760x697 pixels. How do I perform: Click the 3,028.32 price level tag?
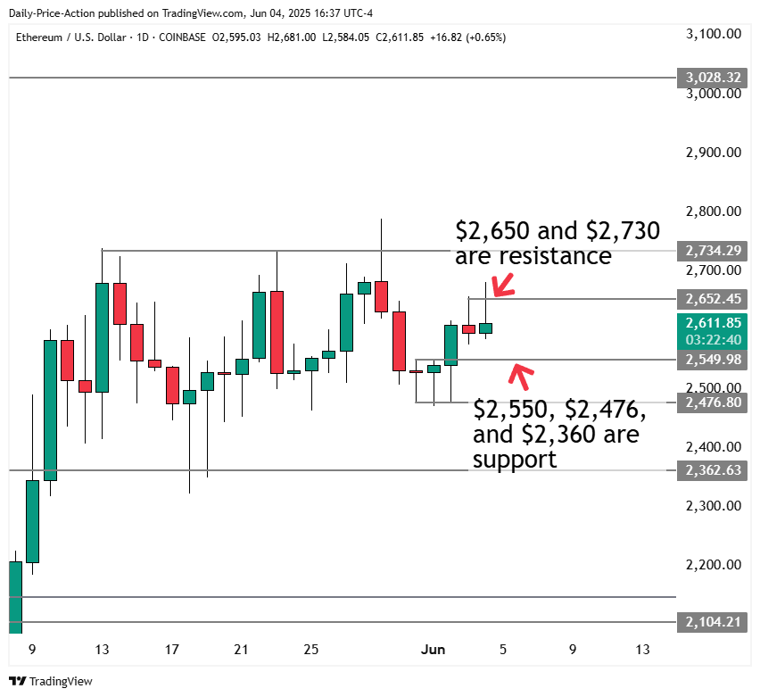pyautogui.click(x=711, y=78)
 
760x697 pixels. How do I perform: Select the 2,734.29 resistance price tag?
pyautogui.click(x=711, y=251)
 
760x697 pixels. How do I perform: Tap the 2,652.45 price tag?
pyautogui.click(x=711, y=298)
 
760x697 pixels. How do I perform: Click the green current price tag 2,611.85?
pyautogui.click(x=711, y=323)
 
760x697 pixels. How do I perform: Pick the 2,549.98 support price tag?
pyautogui.click(x=711, y=360)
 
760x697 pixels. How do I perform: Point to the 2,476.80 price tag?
pyautogui.click(x=711, y=402)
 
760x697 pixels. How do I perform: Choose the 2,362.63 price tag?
pyautogui.click(x=711, y=469)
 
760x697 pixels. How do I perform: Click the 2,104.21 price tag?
pyautogui.click(x=711, y=622)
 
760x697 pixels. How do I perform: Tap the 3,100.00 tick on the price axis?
pyautogui.click(x=714, y=34)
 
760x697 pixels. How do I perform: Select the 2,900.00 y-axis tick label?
pyautogui.click(x=714, y=153)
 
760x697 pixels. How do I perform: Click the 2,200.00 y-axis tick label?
pyautogui.click(x=714, y=565)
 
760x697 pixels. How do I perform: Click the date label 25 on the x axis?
pyautogui.click(x=310, y=650)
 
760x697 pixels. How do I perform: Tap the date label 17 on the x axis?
pyautogui.click(x=171, y=650)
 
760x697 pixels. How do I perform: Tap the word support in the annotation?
pyautogui.click(x=515, y=460)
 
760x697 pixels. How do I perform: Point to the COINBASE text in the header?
pyautogui.click(x=181, y=37)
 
